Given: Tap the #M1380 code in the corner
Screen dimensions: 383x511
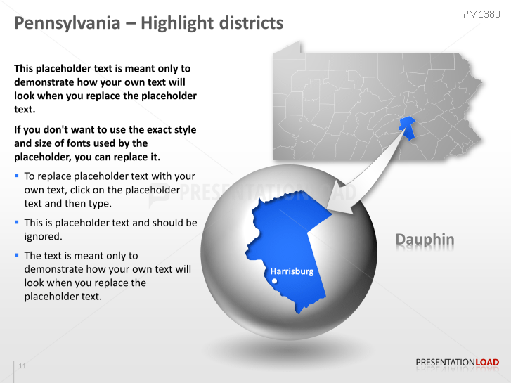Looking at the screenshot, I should [x=483, y=14].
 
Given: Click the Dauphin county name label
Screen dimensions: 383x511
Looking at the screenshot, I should [x=425, y=240].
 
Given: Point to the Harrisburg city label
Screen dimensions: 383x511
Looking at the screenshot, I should [x=292, y=271].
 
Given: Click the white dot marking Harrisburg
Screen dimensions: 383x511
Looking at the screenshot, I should [x=274, y=281].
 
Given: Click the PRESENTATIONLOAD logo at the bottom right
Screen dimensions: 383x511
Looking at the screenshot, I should [x=457, y=363].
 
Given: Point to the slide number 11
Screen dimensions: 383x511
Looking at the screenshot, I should [x=22, y=366].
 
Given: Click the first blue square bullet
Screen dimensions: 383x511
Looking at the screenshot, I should [x=17, y=175].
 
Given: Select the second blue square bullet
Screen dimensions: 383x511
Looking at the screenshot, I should [x=17, y=221].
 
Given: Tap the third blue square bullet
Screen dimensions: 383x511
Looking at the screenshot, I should [x=17, y=254].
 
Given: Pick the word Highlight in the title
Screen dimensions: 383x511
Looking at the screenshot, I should [x=172, y=23].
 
